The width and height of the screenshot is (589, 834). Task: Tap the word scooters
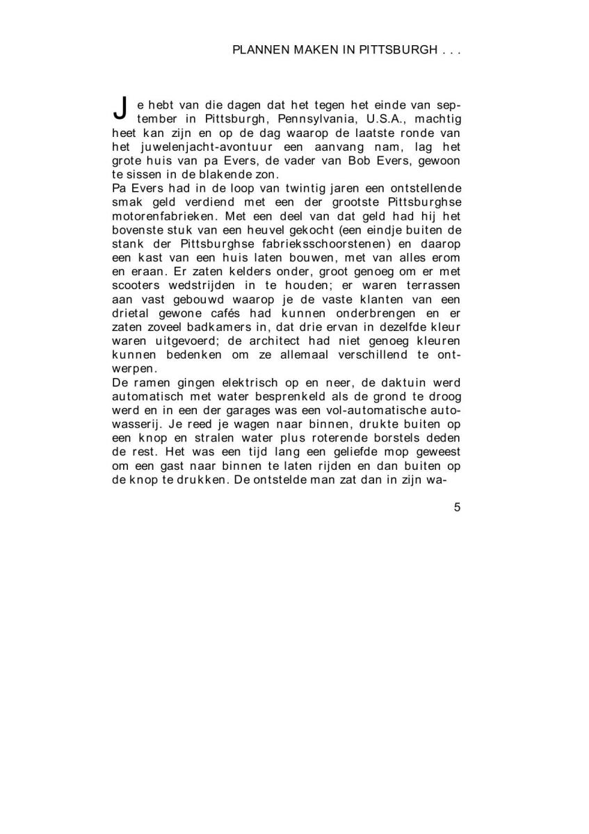(136, 285)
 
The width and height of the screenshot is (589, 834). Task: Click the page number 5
(457, 507)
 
